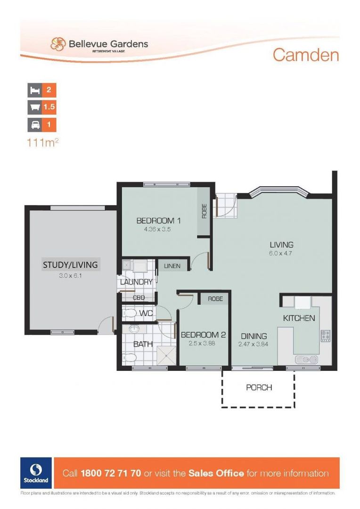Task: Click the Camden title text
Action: [305, 55]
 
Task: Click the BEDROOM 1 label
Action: [159, 221]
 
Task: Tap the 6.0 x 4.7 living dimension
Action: [281, 254]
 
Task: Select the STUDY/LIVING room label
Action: [70, 264]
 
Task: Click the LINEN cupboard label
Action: [172, 266]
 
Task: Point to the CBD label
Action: [138, 298]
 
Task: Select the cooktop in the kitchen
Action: [325, 336]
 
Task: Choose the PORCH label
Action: [259, 387]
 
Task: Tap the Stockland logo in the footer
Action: [36, 473]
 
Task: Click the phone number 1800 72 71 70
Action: [111, 473]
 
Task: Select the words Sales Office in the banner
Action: [216, 473]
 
